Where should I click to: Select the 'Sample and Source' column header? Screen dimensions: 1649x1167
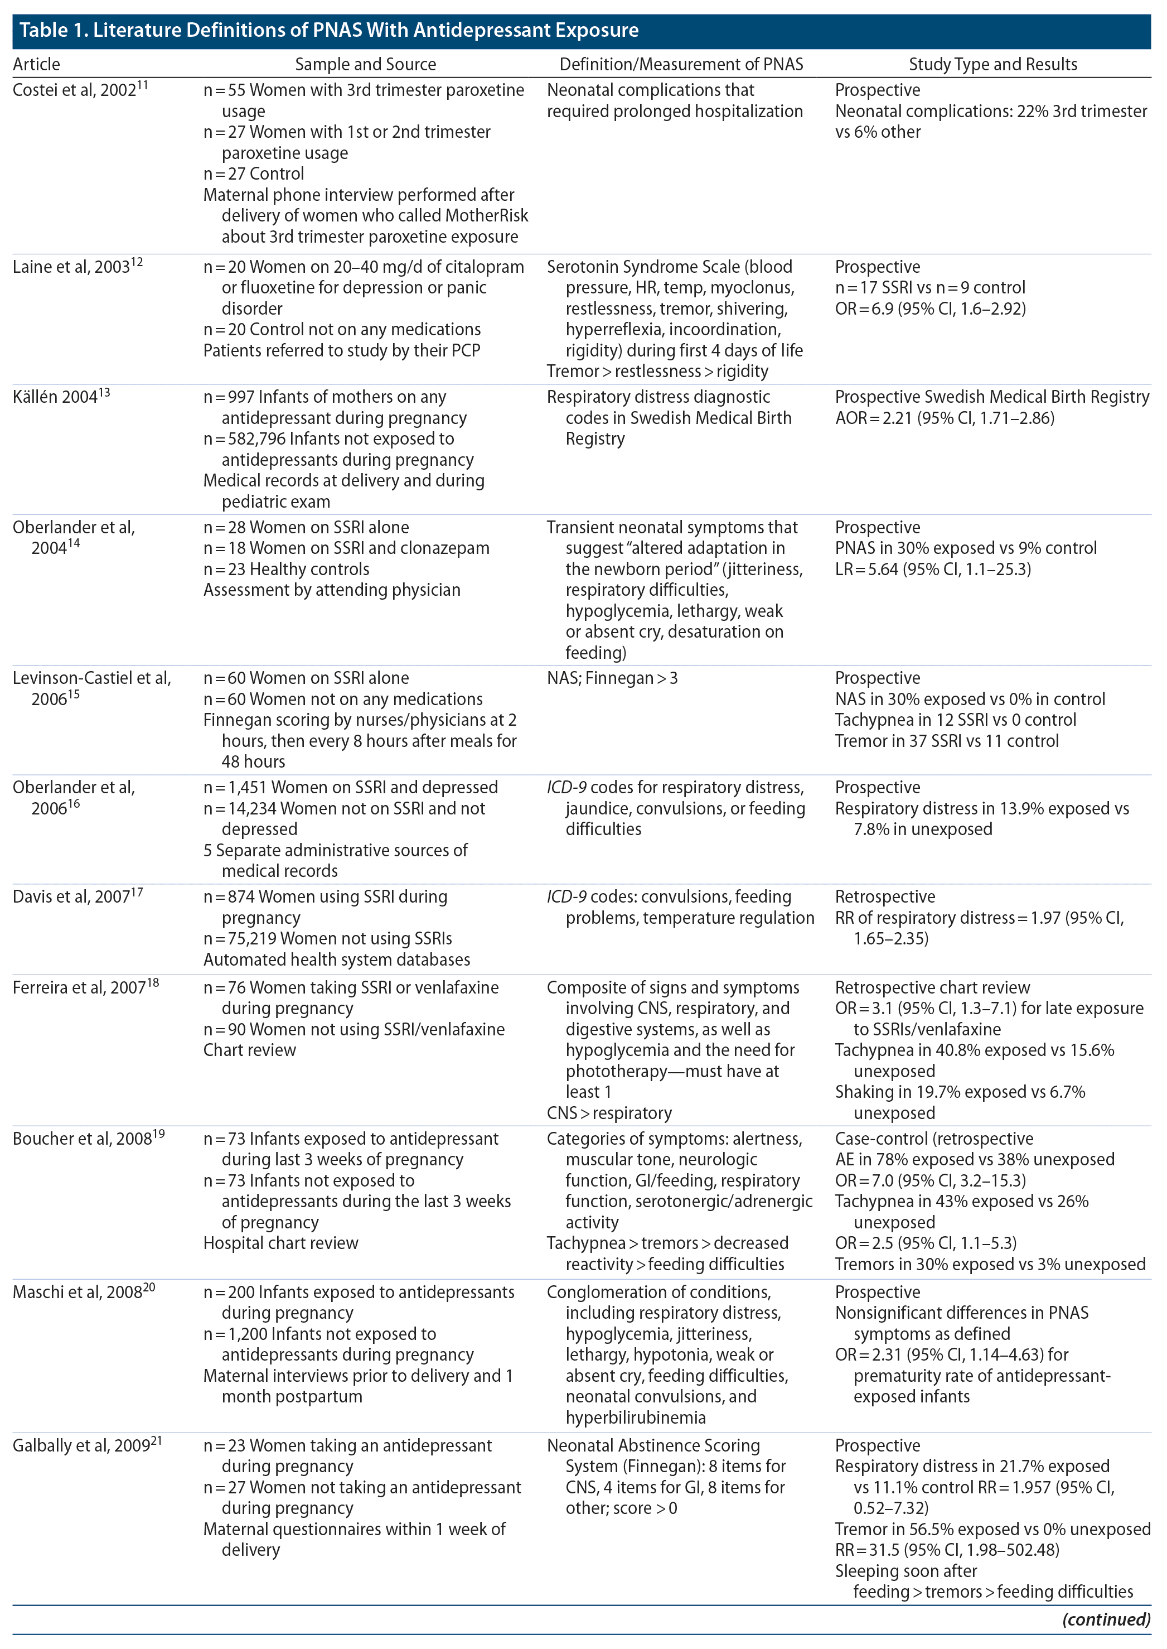click(365, 65)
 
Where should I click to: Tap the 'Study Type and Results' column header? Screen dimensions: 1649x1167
click(992, 65)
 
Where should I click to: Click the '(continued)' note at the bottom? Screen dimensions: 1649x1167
click(1106, 1619)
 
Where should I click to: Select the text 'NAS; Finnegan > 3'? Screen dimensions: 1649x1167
click(612, 678)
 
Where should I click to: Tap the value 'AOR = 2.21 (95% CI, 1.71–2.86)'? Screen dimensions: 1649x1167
click(944, 418)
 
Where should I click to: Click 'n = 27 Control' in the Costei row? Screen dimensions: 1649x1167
click(254, 174)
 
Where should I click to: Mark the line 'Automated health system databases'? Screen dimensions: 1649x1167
click(336, 959)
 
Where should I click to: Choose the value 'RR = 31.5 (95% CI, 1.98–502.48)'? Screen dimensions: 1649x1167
click(946, 1549)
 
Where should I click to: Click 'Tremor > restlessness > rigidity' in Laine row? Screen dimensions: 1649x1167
click(657, 371)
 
